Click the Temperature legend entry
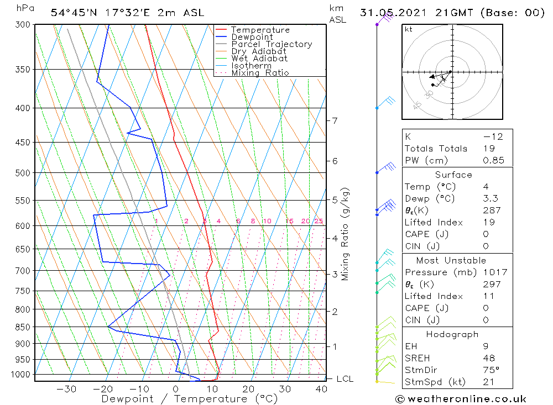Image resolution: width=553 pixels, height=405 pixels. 260,30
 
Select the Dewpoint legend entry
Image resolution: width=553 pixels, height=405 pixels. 252,37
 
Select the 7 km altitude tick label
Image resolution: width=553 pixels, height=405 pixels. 335,120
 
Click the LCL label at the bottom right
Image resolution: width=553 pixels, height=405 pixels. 345,378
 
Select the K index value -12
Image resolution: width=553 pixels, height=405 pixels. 492,136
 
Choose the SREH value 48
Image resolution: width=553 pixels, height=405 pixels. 489,358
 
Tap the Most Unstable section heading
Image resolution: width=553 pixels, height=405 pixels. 451,260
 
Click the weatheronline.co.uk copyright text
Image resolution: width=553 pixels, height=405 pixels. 461,398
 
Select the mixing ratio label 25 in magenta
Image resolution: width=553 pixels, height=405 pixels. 318,221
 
